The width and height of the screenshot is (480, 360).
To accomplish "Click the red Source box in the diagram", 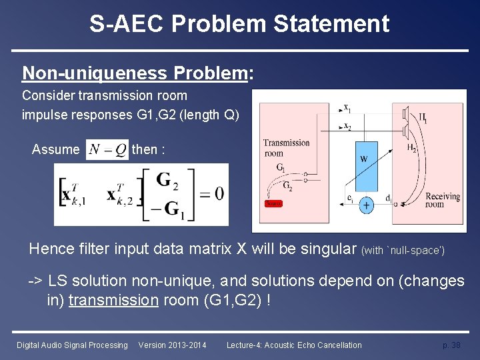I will [273, 203].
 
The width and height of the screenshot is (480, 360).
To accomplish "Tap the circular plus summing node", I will [367, 206].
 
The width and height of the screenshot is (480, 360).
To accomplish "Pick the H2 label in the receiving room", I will [411, 149].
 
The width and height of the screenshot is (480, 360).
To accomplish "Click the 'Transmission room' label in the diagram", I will [286, 147].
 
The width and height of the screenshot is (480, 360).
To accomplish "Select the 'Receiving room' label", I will [443, 200].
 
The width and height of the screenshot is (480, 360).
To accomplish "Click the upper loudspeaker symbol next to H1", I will [405, 115].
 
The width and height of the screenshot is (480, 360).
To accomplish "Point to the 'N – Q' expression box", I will [107, 150].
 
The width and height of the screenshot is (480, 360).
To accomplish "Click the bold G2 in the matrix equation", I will [171, 180].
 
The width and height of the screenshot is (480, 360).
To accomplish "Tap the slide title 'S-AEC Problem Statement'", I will [239, 24].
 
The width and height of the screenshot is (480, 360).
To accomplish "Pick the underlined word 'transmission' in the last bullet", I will [113, 300].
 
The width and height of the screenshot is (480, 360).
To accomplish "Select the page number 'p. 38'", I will [451, 345].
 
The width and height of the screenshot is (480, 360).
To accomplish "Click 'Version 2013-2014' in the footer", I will [172, 345].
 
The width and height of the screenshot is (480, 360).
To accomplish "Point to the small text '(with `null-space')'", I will [402, 251].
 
